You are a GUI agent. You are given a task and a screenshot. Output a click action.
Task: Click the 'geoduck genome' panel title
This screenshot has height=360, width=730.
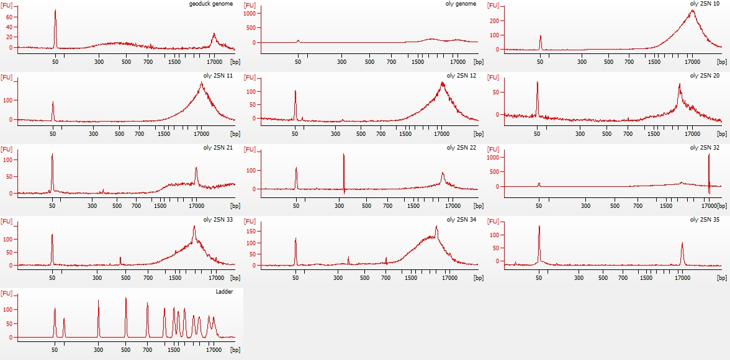point(211,4)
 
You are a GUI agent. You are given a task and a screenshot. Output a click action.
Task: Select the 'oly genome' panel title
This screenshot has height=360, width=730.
point(462,4)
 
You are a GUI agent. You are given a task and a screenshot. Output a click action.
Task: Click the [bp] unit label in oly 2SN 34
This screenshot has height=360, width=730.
point(478,277)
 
